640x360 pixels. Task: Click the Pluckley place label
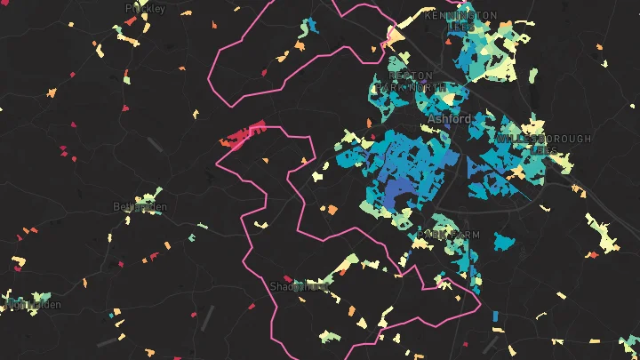click(145, 9)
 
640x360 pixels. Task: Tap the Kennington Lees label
click(460, 20)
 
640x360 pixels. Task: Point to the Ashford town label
click(449, 118)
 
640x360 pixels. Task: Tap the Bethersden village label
click(140, 207)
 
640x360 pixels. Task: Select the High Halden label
click(34, 304)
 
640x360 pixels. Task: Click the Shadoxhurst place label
click(300, 286)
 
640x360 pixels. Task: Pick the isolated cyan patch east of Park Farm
click(504, 241)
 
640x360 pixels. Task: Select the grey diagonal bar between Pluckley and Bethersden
click(156, 144)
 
